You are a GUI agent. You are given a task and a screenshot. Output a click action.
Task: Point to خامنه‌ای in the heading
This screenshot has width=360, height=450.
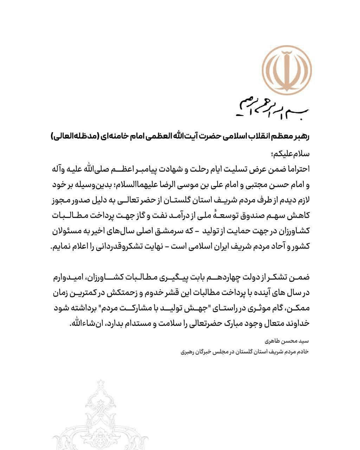tap(111, 136)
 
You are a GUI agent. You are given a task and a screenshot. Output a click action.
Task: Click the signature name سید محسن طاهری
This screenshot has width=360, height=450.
tap(291, 341)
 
